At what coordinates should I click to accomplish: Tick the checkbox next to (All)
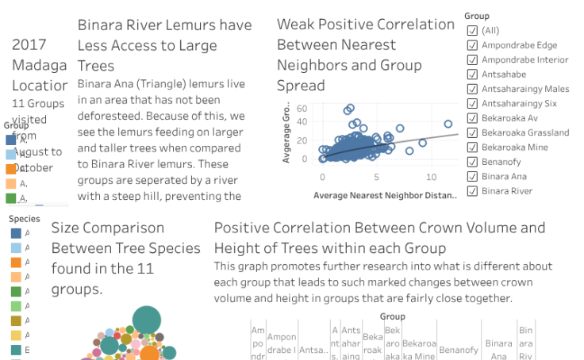point(473,31)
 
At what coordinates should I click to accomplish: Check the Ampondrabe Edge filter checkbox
point(473,45)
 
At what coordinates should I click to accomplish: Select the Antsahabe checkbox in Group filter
point(473,75)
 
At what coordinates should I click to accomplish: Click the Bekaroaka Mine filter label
point(515,147)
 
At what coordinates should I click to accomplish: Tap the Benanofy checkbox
point(473,161)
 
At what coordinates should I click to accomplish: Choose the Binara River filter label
point(506,190)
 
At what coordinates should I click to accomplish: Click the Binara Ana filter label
point(504,176)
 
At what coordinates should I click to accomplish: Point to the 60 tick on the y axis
point(302,109)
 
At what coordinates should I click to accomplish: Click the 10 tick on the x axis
point(432,177)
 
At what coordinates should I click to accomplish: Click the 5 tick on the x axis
point(377,177)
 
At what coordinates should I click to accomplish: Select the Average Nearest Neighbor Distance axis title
point(386,195)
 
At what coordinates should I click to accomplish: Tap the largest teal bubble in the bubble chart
point(146,320)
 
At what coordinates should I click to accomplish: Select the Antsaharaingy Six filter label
point(519,103)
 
